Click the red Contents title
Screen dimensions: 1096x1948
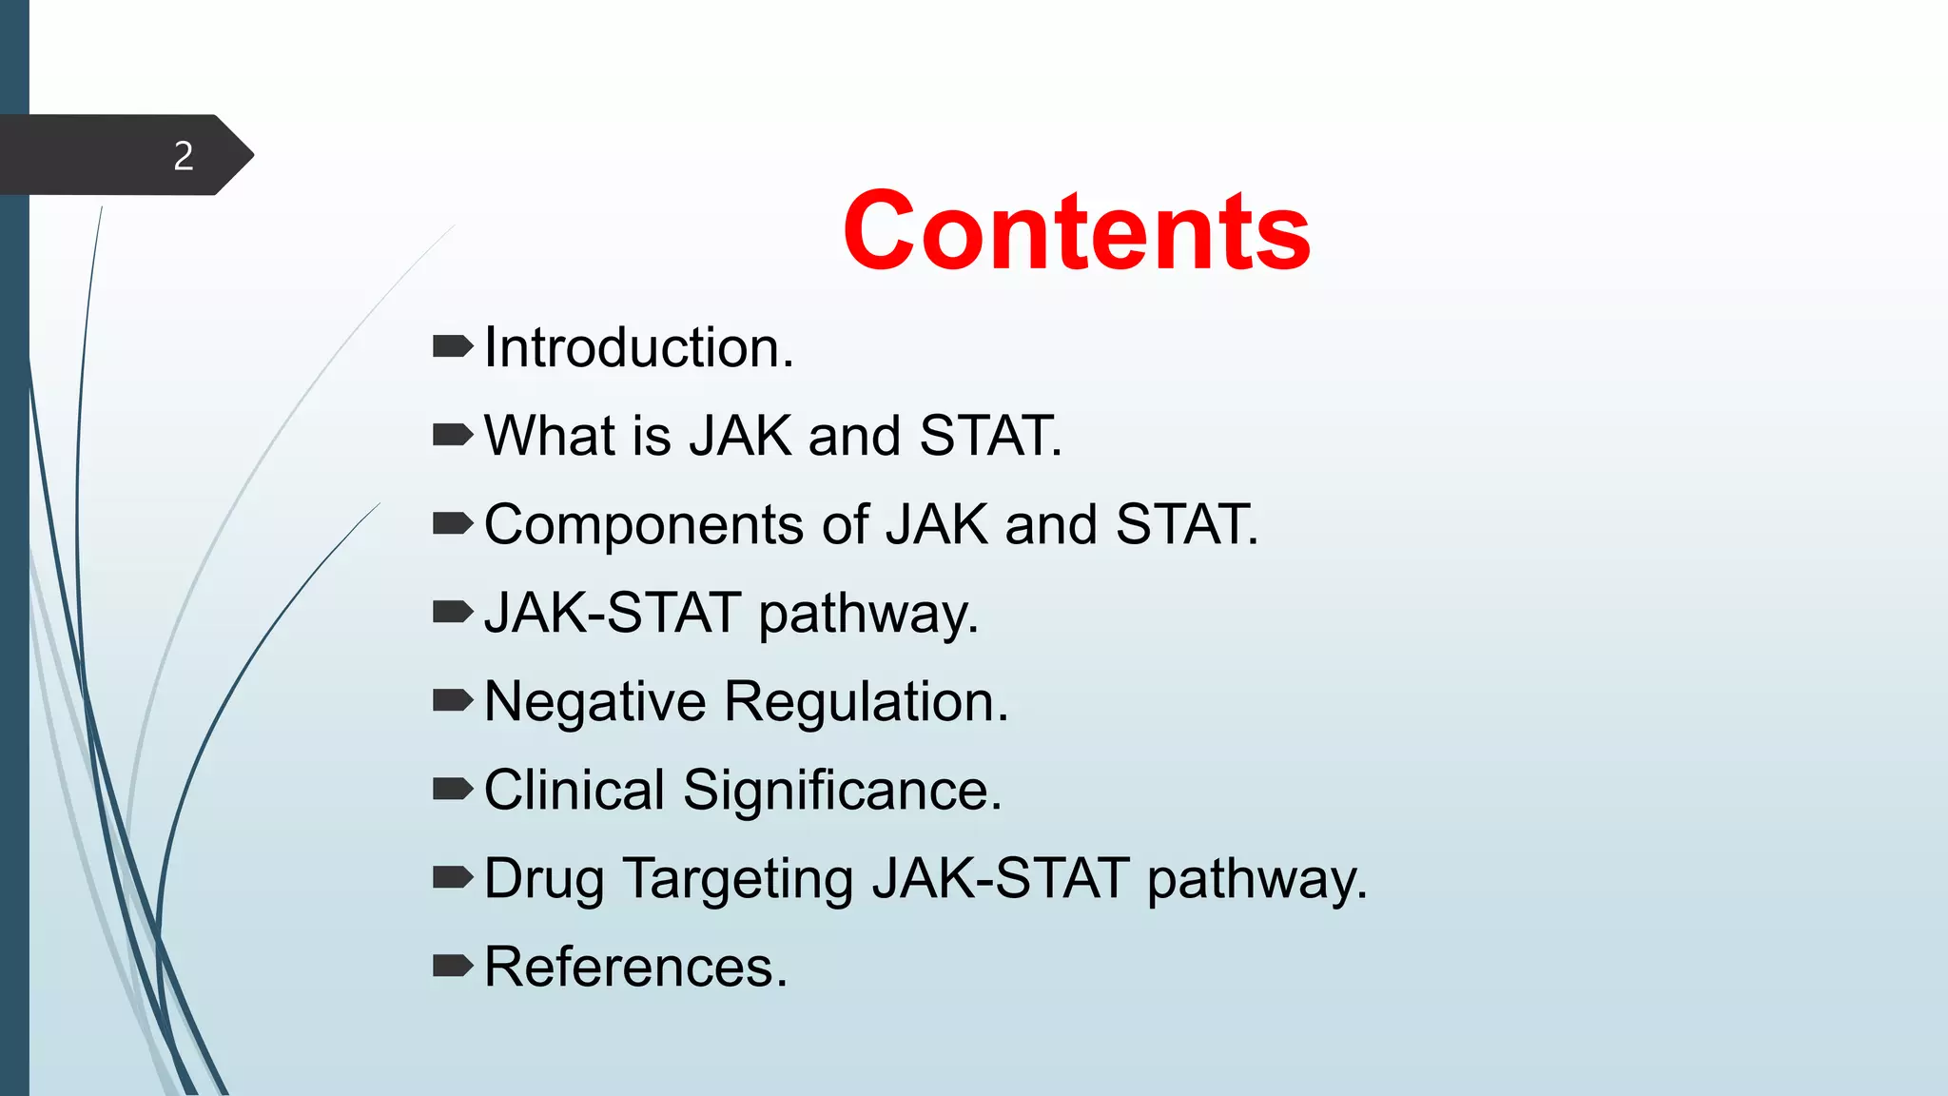coord(1077,231)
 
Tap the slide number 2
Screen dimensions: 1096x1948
coord(184,156)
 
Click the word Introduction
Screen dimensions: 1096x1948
coord(637,347)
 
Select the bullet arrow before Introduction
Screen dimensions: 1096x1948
coord(453,346)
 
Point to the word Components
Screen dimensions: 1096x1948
coord(644,525)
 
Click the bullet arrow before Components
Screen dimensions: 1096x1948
coord(453,523)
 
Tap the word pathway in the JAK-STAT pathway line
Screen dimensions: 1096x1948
coord(867,614)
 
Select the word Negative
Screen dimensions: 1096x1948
coord(594,702)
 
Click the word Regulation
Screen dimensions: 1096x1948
coord(866,702)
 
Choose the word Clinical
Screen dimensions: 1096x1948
coord(574,791)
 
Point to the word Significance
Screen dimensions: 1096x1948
coord(842,791)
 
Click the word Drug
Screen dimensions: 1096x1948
coord(543,879)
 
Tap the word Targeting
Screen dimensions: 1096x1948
coord(738,879)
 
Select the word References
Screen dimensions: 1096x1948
coord(634,968)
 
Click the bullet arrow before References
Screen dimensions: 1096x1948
coord(453,967)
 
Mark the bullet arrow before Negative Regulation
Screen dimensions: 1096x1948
coord(453,701)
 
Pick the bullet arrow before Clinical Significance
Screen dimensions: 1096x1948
coord(453,789)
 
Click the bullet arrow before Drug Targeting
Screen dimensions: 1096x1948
coord(453,877)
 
